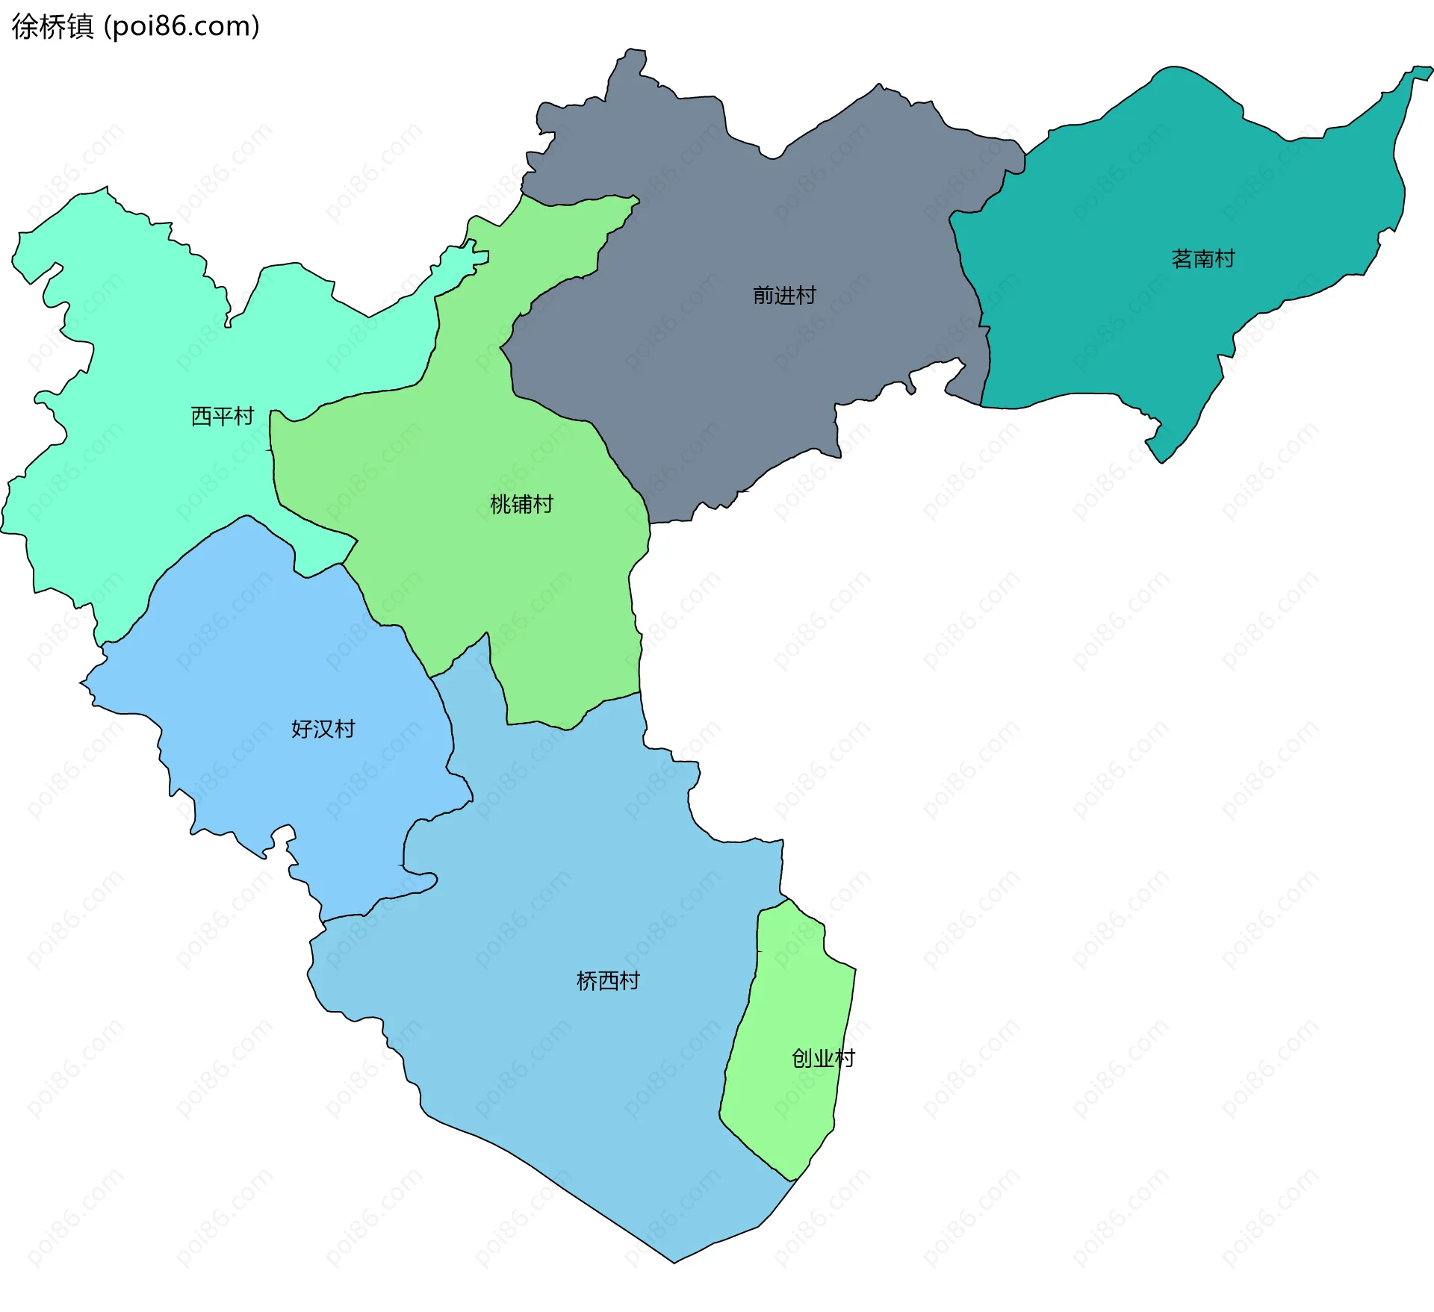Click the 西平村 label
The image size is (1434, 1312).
223,416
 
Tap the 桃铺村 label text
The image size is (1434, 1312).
521,505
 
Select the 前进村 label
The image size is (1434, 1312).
784,296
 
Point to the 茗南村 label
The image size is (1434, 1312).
1202,259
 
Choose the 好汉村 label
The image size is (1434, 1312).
323,729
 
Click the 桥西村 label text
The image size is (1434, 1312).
608,980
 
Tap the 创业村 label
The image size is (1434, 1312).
823,1058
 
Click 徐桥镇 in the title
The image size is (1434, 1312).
52,27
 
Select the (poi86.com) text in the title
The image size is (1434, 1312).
181,27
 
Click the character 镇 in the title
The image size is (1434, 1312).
80,27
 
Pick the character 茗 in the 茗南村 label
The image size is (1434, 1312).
1182,259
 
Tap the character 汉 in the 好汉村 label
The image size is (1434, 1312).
323,729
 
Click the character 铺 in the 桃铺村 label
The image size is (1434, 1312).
522,505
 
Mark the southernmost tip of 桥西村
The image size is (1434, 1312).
674,1263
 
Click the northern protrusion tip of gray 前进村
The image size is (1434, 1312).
635,51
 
